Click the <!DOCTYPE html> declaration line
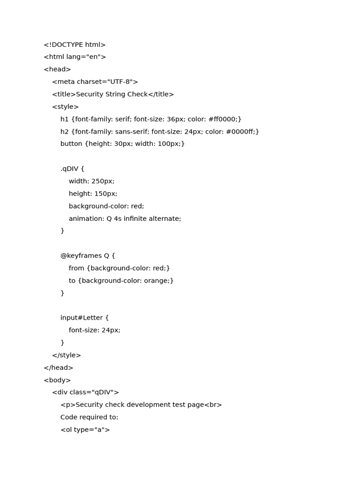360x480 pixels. tap(75, 45)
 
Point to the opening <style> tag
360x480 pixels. tap(65, 107)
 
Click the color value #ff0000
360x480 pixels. tap(223, 119)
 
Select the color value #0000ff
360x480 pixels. tap(240, 132)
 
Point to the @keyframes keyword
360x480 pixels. tap(81, 256)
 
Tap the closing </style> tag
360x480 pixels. tap(67, 355)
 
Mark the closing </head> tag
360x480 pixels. tap(59, 368)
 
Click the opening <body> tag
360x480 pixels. tap(57, 380)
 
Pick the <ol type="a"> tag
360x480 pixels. tap(85, 430)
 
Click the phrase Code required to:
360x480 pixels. tap(89, 417)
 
